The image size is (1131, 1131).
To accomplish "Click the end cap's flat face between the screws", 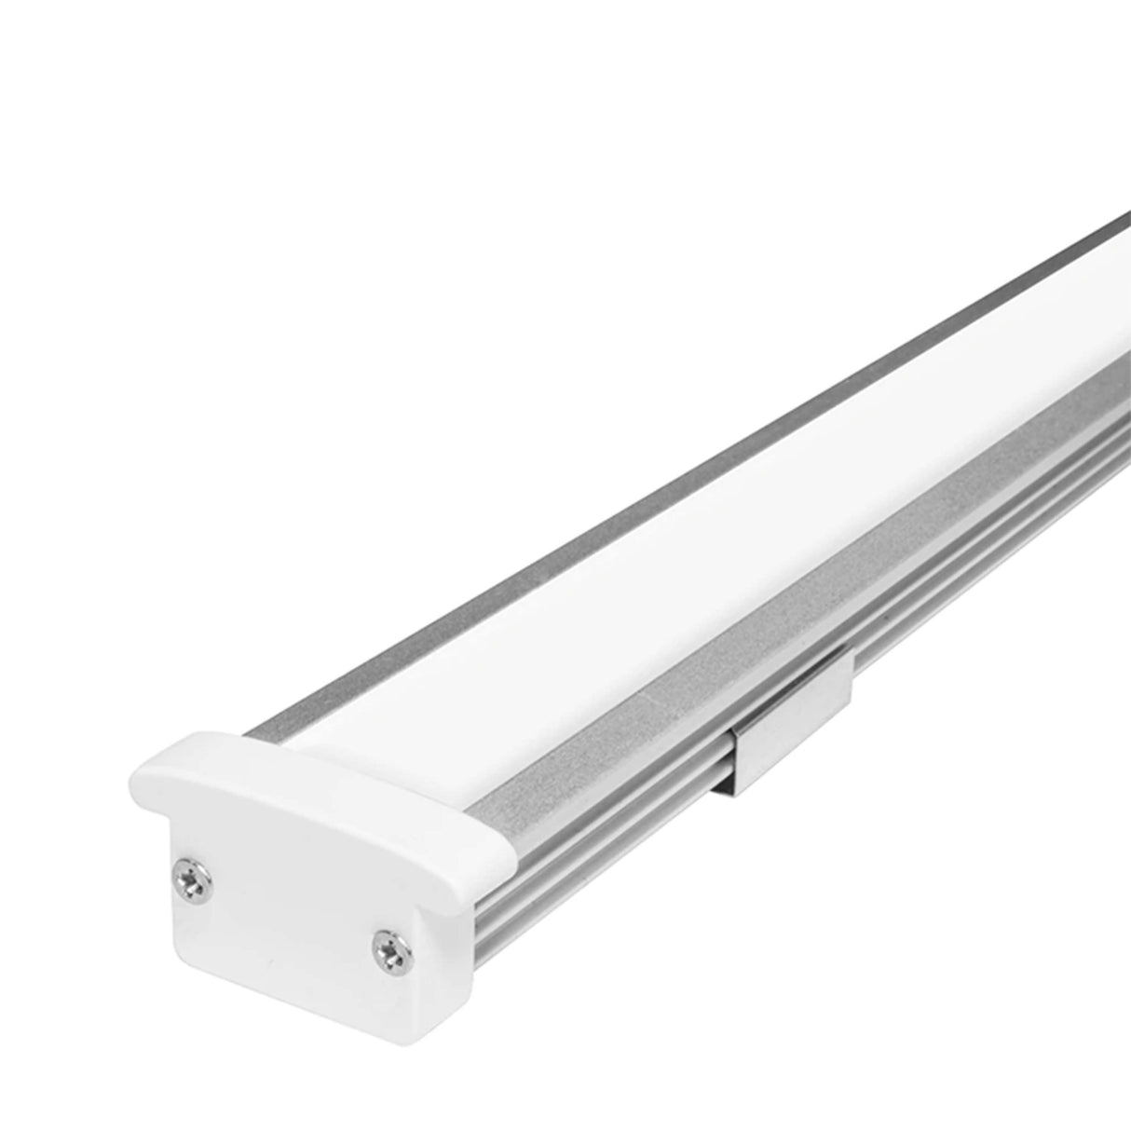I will point(279,894).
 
